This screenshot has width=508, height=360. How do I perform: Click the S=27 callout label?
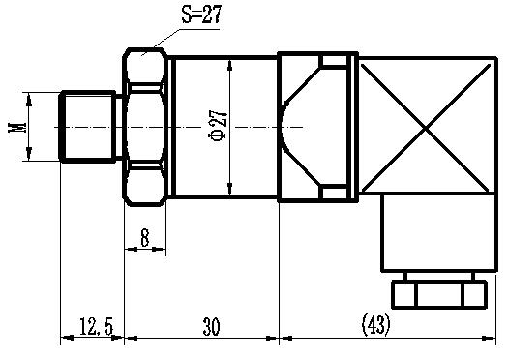pyautogui.click(x=201, y=15)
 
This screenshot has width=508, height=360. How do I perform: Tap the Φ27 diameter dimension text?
pyautogui.click(x=218, y=126)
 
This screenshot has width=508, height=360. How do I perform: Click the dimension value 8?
pyautogui.click(x=145, y=237)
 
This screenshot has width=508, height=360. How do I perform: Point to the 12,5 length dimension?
pyautogui.click(x=96, y=326)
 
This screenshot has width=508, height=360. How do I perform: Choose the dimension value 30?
pyautogui.click(x=211, y=327)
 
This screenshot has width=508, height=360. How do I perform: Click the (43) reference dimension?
pyautogui.click(x=375, y=324)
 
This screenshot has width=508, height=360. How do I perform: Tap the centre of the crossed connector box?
pyautogui.click(x=426, y=128)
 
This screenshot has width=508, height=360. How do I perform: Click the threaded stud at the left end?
pyautogui.click(x=87, y=127)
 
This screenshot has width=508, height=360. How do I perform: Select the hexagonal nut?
pyautogui.click(x=144, y=127)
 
